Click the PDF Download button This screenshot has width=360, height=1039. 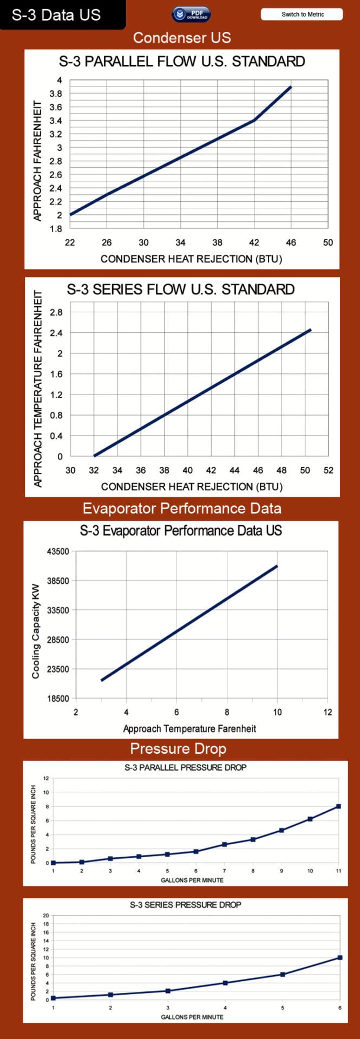(x=191, y=15)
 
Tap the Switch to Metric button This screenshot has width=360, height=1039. (x=302, y=15)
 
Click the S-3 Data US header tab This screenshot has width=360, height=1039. (x=56, y=15)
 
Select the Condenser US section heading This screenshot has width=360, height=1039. (x=182, y=38)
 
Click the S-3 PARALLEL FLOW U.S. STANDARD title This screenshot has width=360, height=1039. (x=182, y=62)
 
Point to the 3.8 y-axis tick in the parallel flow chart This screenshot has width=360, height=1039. (x=56, y=94)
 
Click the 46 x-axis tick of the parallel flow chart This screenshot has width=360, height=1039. (x=291, y=242)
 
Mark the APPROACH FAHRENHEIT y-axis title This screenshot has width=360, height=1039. (x=37, y=161)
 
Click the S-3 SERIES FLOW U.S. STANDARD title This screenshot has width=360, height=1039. (x=181, y=290)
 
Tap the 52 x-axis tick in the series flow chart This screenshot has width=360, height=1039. (x=328, y=470)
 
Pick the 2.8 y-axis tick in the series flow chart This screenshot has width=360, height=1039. (x=56, y=312)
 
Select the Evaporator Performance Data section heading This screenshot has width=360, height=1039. (x=182, y=509)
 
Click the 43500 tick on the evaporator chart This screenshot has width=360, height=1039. (x=59, y=551)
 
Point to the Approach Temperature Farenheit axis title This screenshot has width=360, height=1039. (x=189, y=728)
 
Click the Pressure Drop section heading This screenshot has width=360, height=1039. (x=178, y=749)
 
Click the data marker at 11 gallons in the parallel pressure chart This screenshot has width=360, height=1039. (x=338, y=806)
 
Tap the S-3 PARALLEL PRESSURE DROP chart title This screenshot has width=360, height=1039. (x=185, y=767)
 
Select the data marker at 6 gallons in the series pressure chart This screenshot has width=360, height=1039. (x=340, y=958)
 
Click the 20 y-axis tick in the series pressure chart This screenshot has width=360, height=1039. (x=46, y=916)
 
